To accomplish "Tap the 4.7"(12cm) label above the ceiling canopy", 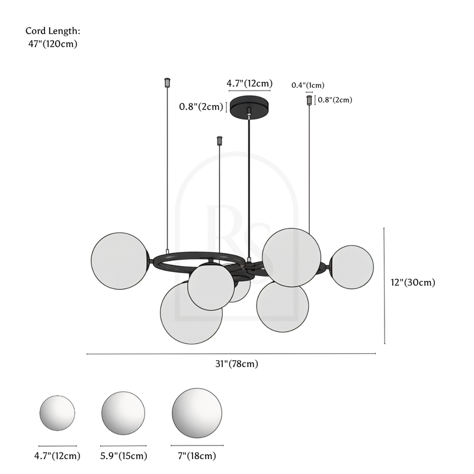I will click(x=249, y=84).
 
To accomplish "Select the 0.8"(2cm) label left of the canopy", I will click(x=201, y=107).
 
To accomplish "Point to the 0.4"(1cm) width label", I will click(x=308, y=85).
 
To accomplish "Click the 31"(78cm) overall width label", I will click(x=236, y=364).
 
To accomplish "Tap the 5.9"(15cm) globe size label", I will click(x=123, y=456).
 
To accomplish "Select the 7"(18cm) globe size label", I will click(x=196, y=456).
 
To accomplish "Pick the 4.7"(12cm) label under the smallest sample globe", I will click(x=57, y=456).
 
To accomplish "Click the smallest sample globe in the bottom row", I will click(x=57, y=412).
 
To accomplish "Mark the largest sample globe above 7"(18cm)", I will click(x=197, y=412).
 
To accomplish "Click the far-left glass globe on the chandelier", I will click(x=120, y=261).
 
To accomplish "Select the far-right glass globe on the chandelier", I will click(x=351, y=267).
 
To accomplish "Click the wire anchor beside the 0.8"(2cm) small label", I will click(x=309, y=100).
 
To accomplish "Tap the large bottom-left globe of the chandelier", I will click(x=191, y=313).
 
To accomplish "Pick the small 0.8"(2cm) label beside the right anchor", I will click(x=335, y=100).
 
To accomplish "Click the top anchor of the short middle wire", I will click(x=220, y=140).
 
